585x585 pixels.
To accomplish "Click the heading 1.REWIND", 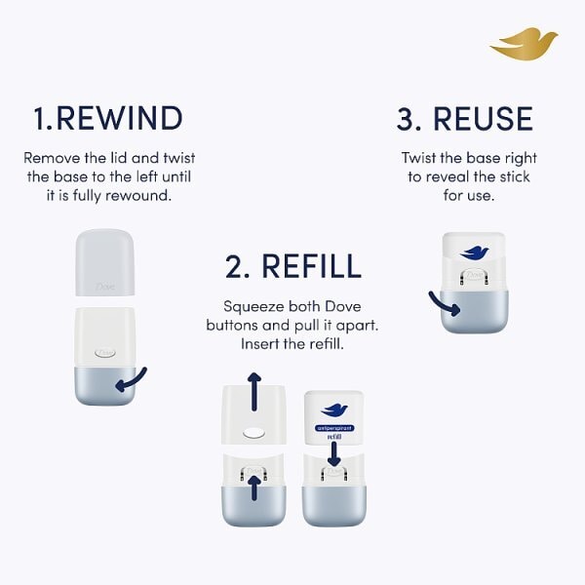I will point(107,119).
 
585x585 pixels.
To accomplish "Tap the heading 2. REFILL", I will point(292,265).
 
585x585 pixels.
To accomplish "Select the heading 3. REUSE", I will point(465,119).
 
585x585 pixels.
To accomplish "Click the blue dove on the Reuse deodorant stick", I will point(475,252).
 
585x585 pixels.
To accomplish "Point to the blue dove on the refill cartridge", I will point(334,409).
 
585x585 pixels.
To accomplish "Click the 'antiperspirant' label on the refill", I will point(334,428).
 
